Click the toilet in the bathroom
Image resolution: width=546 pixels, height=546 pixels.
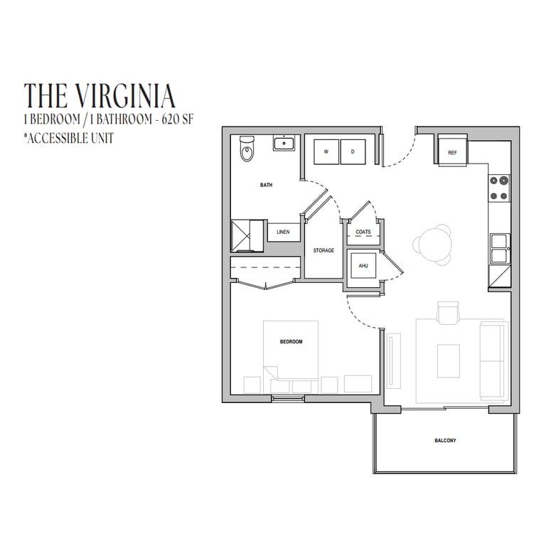(247, 149)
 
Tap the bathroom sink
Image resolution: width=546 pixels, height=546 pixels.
(284, 143)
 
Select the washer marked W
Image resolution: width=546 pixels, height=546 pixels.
(326, 152)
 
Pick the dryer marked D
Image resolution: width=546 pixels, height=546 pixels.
(353, 152)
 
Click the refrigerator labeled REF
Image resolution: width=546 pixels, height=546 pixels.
(452, 152)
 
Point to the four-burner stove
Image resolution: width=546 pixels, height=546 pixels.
(499, 188)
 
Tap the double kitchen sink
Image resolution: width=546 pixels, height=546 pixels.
(500, 249)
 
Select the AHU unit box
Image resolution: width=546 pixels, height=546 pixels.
(363, 266)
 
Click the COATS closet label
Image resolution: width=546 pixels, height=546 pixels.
(363, 232)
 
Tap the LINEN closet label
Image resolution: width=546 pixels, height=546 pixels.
(283, 232)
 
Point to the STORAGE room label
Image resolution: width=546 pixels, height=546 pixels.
(323, 250)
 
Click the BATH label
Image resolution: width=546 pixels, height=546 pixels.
(267, 185)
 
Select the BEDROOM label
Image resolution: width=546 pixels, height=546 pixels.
(291, 341)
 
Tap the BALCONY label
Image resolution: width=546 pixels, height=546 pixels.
(445, 441)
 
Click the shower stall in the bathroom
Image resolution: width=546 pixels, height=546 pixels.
(247, 235)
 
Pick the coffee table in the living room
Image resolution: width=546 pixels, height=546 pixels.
(449, 361)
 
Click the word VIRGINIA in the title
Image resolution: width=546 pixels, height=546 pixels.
(126, 95)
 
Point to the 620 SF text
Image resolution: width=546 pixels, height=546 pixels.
(177, 119)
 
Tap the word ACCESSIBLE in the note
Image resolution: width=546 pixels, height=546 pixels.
(58, 138)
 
